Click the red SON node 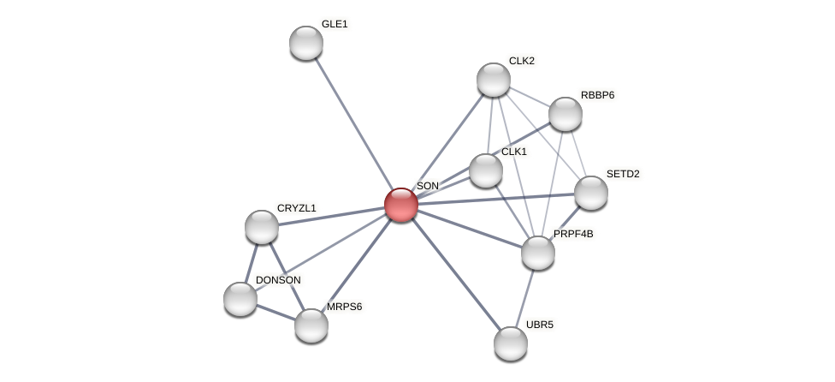[400, 205]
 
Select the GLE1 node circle [305, 43]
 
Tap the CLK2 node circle [493, 80]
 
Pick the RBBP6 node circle [565, 114]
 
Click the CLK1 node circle [485, 170]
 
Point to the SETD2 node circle [590, 193]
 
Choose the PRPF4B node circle [537, 253]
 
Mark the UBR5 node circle [510, 343]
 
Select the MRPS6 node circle [311, 325]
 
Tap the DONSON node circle [240, 299]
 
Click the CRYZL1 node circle [261, 227]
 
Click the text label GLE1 [335, 24]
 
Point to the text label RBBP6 [597, 95]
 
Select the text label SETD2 [623, 174]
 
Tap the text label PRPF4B [572, 234]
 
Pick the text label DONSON [278, 280]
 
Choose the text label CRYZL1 [296, 208]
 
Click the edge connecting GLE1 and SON [352, 123]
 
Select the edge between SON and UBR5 [455, 274]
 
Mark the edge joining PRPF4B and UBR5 [524, 298]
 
